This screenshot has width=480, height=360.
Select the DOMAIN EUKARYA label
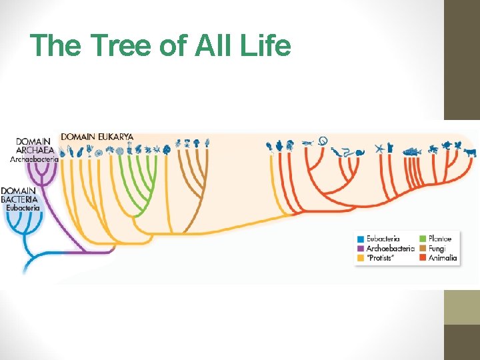click(97, 137)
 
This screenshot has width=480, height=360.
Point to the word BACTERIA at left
click(20, 199)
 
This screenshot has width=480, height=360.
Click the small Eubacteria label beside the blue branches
click(23, 208)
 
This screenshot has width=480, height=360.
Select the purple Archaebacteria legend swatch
click(361, 248)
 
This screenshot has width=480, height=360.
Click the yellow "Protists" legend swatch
click(361, 257)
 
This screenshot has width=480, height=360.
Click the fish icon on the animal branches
click(411, 151)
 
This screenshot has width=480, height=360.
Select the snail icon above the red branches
click(359, 152)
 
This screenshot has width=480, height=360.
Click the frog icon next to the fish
click(433, 149)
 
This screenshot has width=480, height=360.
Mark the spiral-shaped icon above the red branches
click(322, 140)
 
